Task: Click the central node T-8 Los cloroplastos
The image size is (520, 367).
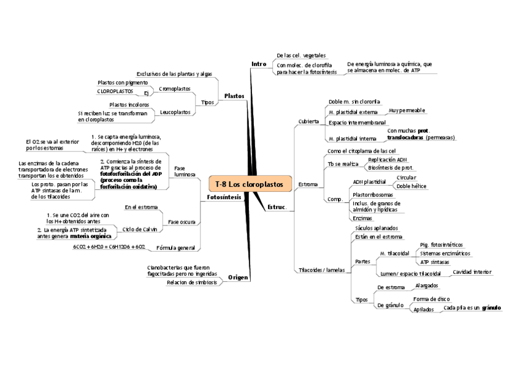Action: [250, 184]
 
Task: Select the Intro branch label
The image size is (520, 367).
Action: [259, 64]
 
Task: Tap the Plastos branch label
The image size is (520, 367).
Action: [234, 96]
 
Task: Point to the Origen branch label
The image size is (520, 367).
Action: [238, 278]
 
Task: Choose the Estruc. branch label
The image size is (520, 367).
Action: [277, 207]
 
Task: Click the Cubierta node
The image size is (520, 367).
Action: [308, 121]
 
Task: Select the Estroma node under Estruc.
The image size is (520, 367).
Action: [308, 184]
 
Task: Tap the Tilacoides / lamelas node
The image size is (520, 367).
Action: [321, 270]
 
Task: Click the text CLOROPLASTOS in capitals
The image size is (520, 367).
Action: [115, 91]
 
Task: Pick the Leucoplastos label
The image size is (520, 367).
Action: [175, 112]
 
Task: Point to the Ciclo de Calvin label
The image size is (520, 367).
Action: [140, 229]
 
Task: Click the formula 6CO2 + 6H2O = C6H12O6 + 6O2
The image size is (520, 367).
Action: [109, 247]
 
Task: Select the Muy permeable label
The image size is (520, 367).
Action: [407, 110]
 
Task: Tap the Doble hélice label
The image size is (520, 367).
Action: [411, 186]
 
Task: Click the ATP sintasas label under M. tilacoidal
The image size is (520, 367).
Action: [434, 262]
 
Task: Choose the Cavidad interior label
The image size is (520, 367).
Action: [472, 271]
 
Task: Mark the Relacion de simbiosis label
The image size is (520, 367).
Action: [191, 282]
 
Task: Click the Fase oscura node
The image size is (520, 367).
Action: [182, 221]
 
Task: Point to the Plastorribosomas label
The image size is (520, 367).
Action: [372, 194]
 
